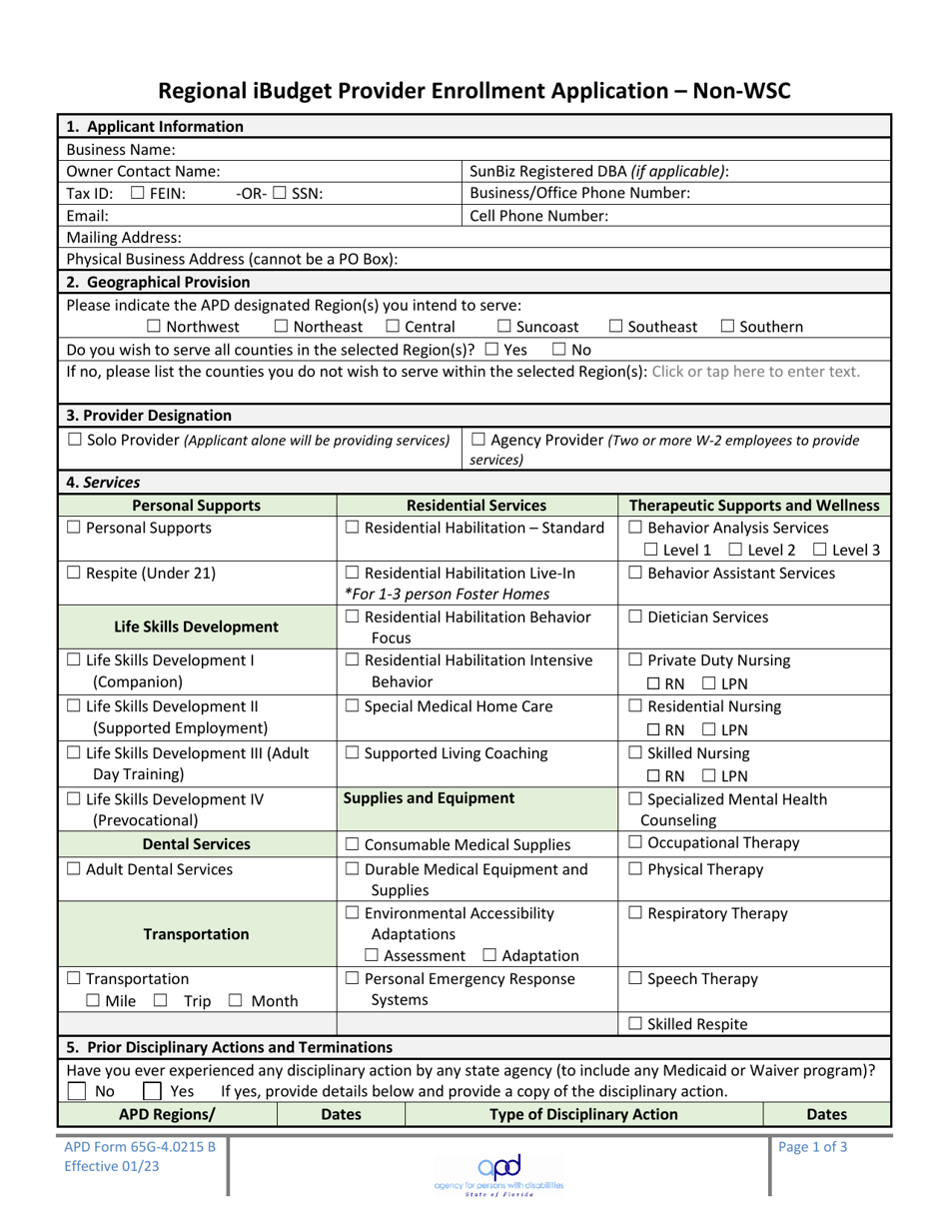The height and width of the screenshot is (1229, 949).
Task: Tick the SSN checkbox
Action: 281,194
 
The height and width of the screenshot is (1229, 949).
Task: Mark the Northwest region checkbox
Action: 154,326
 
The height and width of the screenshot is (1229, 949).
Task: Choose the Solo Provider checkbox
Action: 75,440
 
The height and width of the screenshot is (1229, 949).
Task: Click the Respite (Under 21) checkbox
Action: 75,574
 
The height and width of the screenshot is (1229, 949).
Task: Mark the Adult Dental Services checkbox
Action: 75,869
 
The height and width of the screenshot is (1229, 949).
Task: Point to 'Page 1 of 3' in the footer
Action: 812,1147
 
